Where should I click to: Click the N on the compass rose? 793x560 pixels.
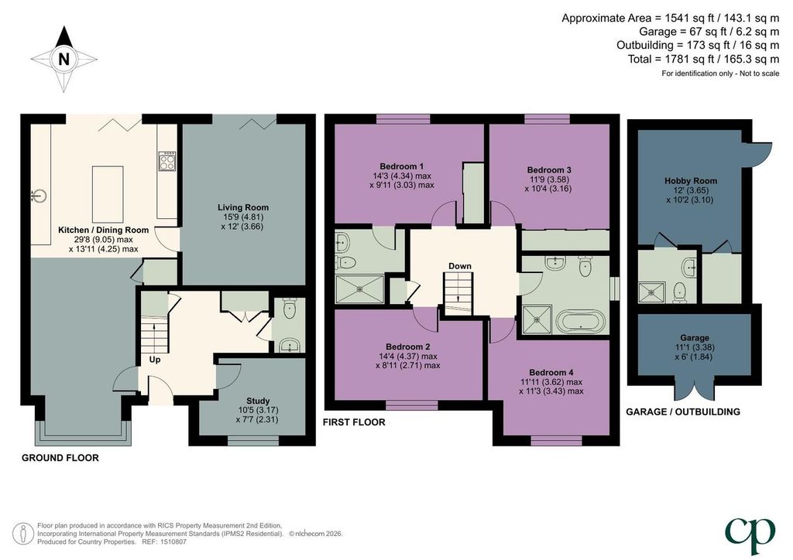64,60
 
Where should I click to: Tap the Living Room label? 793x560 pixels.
242,207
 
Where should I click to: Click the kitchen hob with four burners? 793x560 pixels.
167,161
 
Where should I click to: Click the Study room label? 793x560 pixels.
258,401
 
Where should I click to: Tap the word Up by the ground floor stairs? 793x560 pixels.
155,360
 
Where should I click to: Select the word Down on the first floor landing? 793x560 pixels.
460,266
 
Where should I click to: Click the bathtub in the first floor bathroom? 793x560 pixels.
580,321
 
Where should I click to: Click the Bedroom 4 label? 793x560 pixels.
551,373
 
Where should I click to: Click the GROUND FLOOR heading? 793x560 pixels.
60,458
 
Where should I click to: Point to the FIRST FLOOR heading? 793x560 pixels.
354,422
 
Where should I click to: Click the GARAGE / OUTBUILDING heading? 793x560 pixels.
683,411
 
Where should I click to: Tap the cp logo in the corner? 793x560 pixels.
750,534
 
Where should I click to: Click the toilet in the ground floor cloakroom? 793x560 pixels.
290,309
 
